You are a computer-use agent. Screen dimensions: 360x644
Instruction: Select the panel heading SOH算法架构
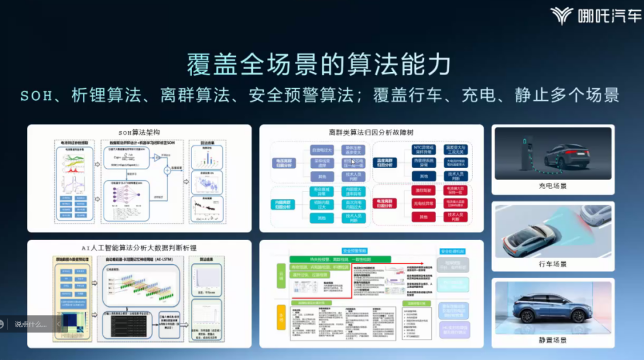click(x=139, y=132)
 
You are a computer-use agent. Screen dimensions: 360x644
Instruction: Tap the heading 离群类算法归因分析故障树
click(x=371, y=132)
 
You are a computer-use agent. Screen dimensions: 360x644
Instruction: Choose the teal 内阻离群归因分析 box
click(x=285, y=204)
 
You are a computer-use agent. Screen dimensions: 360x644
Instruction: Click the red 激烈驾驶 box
click(x=424, y=190)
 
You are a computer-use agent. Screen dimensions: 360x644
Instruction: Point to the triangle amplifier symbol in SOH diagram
click(x=156, y=158)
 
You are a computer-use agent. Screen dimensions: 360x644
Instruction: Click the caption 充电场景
click(x=552, y=186)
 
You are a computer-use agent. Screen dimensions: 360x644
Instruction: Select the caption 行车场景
click(x=552, y=263)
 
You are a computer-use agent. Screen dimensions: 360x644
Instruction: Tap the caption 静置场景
click(x=552, y=340)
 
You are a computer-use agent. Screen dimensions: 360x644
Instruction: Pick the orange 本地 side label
click(x=281, y=311)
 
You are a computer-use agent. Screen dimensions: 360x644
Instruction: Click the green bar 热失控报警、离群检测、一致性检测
click(x=340, y=260)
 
